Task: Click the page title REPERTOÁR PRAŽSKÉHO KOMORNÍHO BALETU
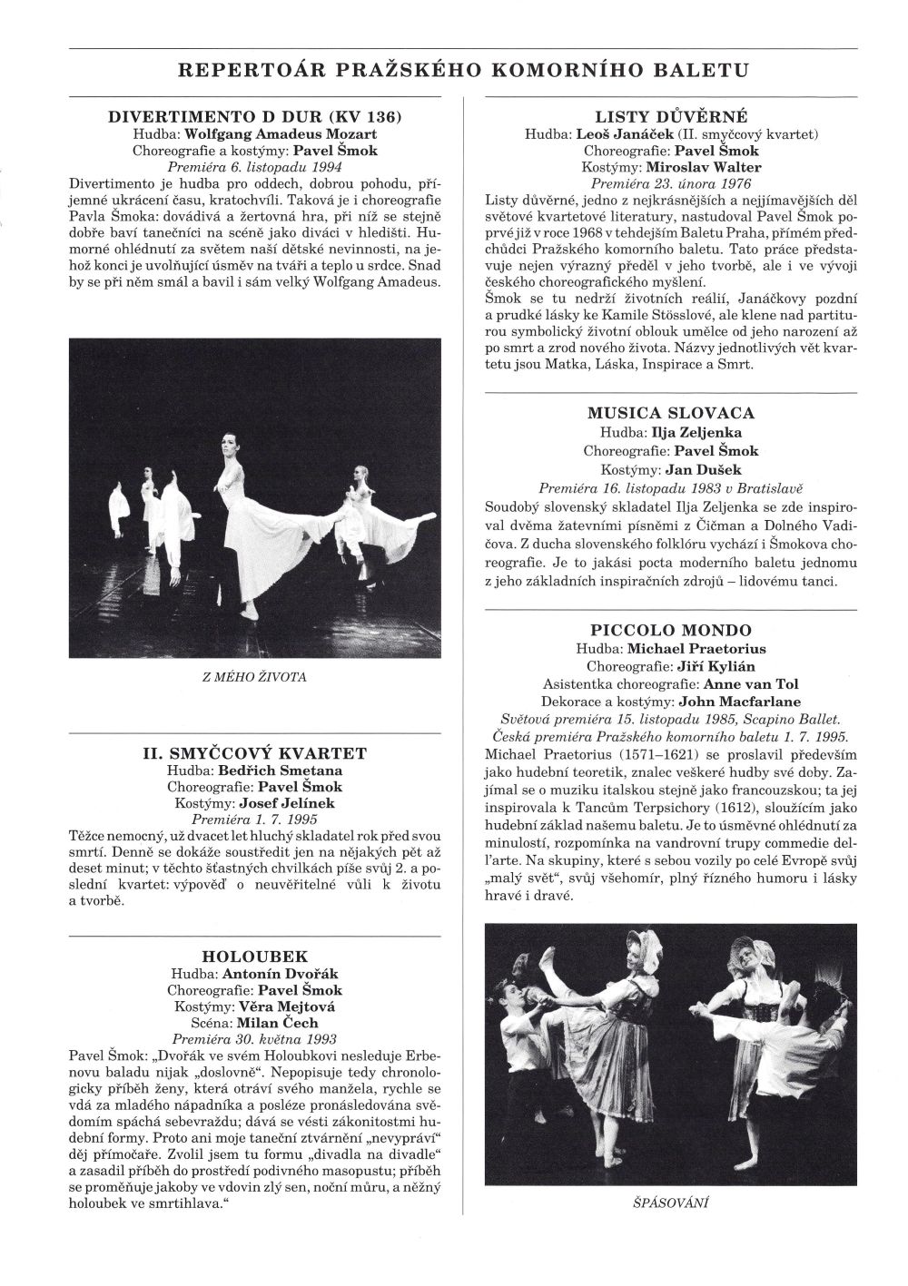tap(463, 70)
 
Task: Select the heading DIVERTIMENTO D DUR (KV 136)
tap(255, 117)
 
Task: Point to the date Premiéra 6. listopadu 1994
tap(254, 167)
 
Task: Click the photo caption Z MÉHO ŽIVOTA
tap(254, 677)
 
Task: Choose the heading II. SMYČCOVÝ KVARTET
tap(255, 754)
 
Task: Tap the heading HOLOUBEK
tap(255, 956)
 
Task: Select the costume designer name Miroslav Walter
tap(704, 167)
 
